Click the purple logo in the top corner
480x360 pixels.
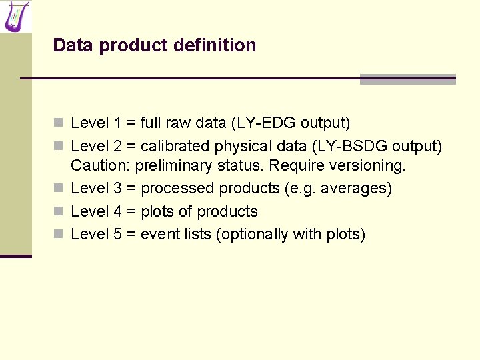coord(16,16)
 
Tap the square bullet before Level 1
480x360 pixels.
coord(59,123)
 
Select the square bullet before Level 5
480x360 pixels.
coord(59,235)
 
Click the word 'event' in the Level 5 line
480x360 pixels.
coord(159,234)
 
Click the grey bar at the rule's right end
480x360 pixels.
coord(407,79)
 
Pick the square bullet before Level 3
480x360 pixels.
coord(59,189)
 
